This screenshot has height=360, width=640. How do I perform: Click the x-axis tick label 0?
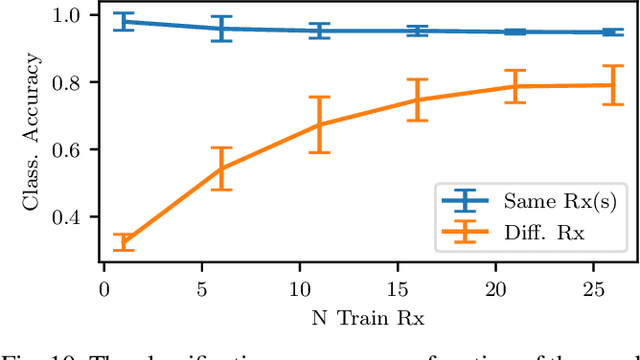coord(104,289)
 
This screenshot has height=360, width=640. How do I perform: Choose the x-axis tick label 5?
coord(200,289)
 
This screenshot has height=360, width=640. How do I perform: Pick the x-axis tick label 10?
coord(297,289)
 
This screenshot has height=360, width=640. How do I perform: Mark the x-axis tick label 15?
coord(394,289)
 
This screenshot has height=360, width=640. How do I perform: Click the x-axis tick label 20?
coord(491,289)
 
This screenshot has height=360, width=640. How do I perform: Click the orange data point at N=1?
coord(124,242)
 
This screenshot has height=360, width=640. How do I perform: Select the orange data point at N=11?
coord(318,125)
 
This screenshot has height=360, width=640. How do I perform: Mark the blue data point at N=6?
coord(221,28)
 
